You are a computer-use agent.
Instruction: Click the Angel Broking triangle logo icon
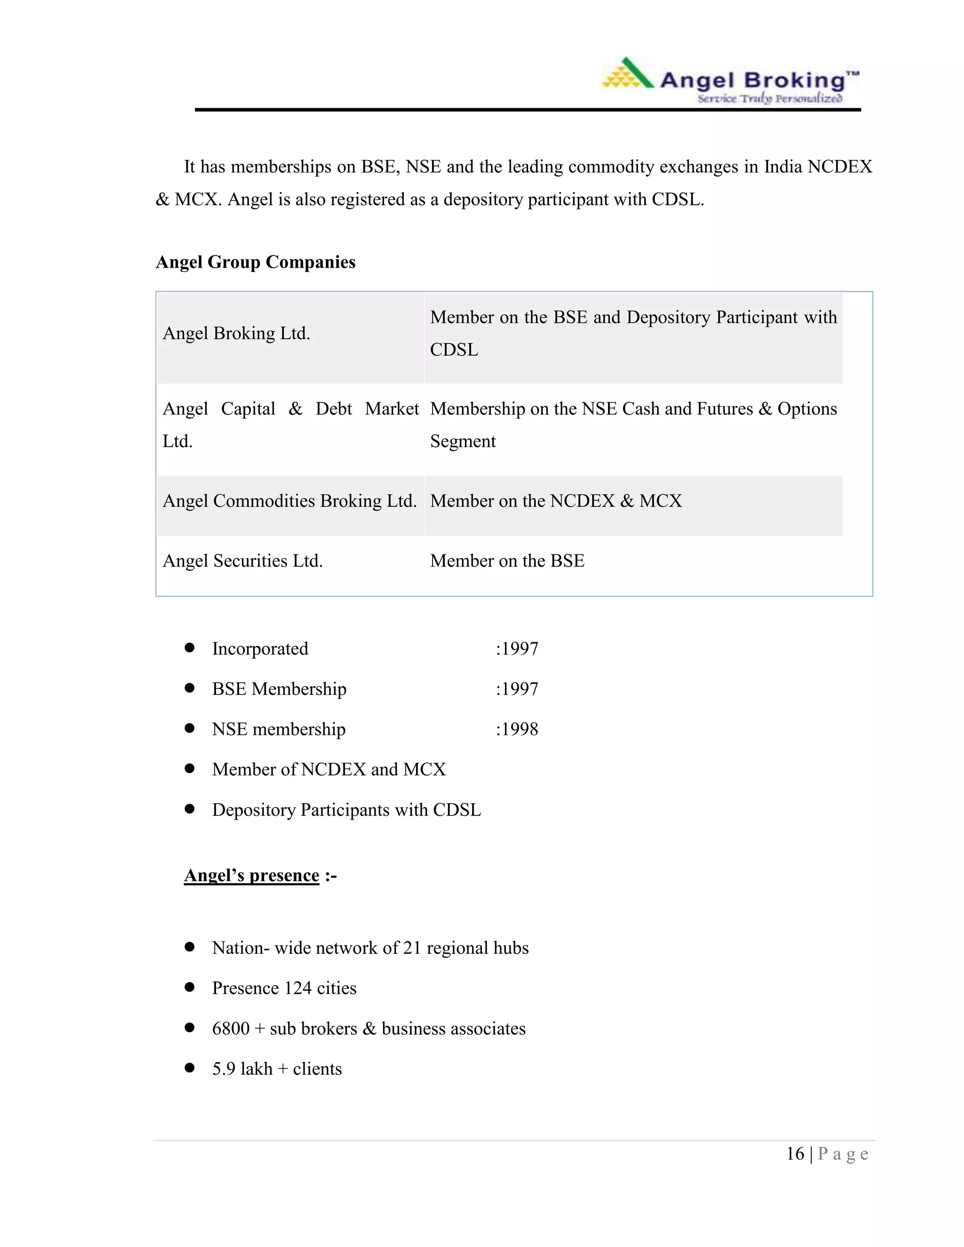click(x=628, y=75)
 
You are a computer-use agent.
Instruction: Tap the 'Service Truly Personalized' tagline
click(x=769, y=99)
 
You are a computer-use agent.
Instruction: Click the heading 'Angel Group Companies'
click(x=255, y=262)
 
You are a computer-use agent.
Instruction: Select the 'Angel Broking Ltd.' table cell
click(x=236, y=334)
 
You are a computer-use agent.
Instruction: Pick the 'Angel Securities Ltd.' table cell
click(x=243, y=561)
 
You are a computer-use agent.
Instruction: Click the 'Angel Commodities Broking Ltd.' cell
click(x=289, y=501)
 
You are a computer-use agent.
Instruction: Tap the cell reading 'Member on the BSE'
click(x=507, y=561)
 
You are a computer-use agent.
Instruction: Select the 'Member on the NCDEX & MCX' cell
click(x=556, y=501)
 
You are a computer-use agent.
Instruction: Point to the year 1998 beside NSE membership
click(x=519, y=729)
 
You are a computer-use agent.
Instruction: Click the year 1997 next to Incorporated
click(x=519, y=648)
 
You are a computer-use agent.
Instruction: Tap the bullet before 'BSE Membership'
click(x=190, y=688)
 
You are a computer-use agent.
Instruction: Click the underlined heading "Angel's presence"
click(x=251, y=875)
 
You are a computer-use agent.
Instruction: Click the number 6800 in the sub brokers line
click(x=231, y=1028)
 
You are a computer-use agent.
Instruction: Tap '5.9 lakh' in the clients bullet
click(x=242, y=1069)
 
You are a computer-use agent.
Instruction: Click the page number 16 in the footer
click(x=795, y=1154)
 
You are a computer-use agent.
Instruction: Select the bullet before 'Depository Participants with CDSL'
click(x=190, y=809)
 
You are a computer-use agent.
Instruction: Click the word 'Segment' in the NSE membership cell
click(x=463, y=441)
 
